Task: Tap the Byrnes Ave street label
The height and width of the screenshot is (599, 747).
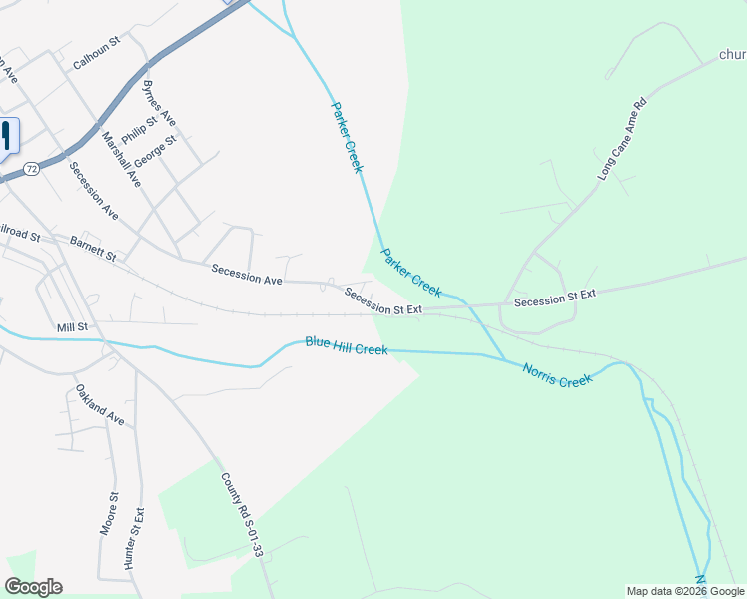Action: [x=159, y=103]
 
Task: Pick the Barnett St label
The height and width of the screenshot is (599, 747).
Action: [x=93, y=249]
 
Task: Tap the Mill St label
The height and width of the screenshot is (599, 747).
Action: [x=73, y=326]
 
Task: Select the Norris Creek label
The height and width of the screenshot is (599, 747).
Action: [x=557, y=374]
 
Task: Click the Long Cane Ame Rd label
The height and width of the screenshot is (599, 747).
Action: [x=622, y=138]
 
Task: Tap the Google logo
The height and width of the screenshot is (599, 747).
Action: [x=33, y=587]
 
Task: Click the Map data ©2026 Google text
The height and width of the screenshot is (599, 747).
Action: [x=685, y=591]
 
